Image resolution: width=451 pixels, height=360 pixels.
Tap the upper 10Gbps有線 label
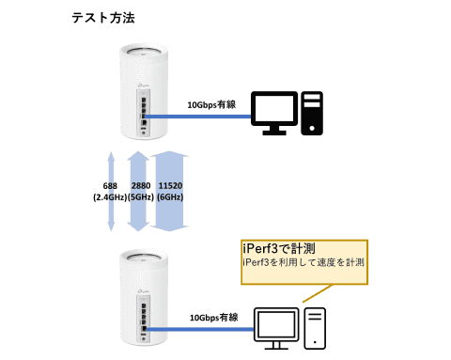tap(213, 105)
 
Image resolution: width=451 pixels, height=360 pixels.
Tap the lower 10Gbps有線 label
tap(213, 317)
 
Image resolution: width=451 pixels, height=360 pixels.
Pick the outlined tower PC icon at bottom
tap(316, 326)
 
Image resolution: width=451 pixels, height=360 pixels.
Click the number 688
tap(111, 187)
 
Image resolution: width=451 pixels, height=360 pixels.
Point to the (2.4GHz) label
tap(111, 199)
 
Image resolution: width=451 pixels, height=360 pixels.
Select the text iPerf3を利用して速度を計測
tap(303, 263)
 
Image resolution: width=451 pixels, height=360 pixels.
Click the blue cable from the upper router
tap(197, 117)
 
